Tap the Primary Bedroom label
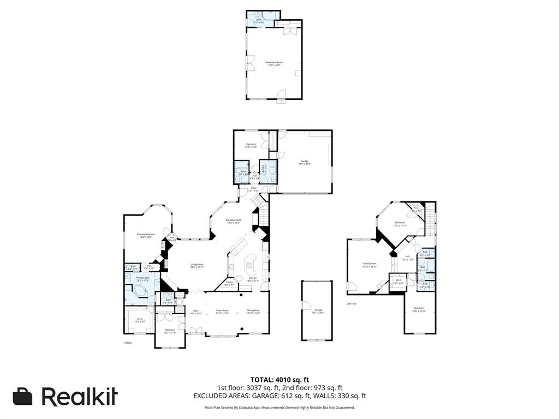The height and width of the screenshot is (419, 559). tap(146, 235)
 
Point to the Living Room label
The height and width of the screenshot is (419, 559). tap(197, 266)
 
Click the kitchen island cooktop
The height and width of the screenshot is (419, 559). tap(252, 265)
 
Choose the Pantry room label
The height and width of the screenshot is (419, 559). tap(229, 284)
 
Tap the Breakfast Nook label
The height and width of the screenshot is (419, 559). tap(234, 221)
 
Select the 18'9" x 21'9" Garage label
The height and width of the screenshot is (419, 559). tap(305, 162)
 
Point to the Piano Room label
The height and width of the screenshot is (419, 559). tap(222, 311)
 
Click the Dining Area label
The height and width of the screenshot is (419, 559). tap(253, 311)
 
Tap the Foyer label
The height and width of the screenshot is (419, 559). tap(195, 312)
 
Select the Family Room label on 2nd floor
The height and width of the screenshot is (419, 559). tap(370, 265)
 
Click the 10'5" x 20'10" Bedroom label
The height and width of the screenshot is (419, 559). tap(419, 309)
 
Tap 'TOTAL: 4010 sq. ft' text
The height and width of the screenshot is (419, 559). tap(279, 379)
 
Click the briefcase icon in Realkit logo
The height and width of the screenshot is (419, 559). tap(22, 397)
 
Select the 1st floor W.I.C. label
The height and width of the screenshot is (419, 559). tap(140, 320)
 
